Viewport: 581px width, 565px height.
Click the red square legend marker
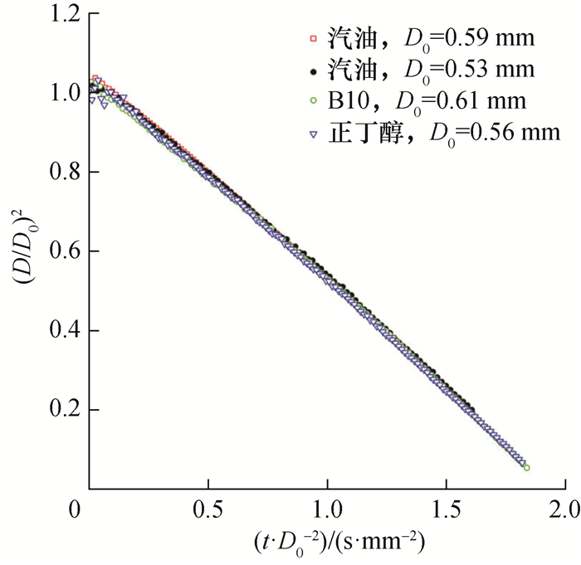pyautogui.click(x=314, y=38)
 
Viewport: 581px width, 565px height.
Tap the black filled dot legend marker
pyautogui.click(x=314, y=68)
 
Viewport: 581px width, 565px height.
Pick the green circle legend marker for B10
pyautogui.click(x=314, y=100)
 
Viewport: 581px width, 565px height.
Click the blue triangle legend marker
pyautogui.click(x=314, y=131)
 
